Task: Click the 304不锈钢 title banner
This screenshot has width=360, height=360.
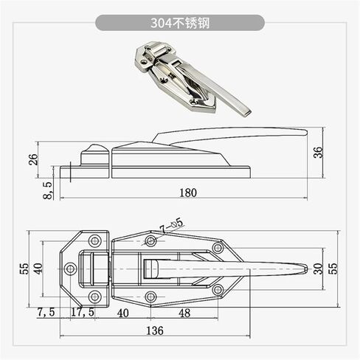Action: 180,23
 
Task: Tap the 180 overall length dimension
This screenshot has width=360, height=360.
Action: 188,193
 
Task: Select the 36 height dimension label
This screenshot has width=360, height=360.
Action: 318,153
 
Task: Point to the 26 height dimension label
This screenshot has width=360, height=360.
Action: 33,159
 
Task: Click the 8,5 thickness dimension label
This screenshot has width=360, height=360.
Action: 47,190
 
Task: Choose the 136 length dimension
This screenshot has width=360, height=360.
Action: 155,330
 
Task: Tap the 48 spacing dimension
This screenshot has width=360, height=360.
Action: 184,313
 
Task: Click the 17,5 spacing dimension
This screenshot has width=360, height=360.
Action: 83,312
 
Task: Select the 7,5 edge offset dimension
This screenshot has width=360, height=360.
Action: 46,312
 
